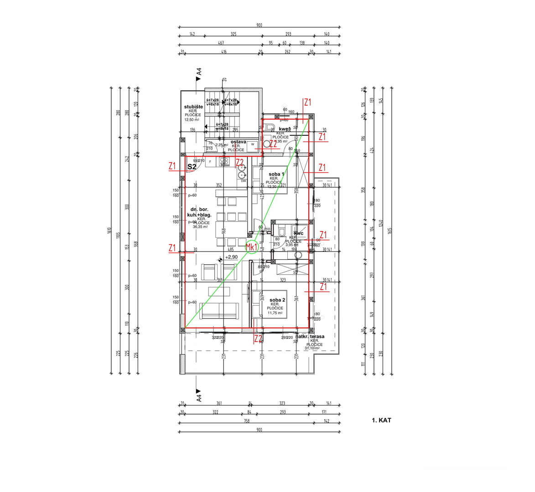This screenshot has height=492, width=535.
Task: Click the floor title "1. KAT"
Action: pos(381,420)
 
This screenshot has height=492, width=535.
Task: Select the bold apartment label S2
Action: pos(192,167)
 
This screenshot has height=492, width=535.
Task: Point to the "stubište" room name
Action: pos(193,107)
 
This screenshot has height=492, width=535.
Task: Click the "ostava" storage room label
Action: pos(238,142)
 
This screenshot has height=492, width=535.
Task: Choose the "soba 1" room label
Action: pos(276,174)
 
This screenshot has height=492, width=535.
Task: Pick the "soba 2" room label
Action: pos(277,300)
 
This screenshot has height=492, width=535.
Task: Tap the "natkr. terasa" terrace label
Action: pos(311,336)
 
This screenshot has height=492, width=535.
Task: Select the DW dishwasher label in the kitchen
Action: pos(244,181)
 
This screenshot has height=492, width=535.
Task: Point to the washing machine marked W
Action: pos(252,144)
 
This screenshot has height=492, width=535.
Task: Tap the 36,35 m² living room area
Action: pos(201,227)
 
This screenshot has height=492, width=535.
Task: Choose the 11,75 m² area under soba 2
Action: pos(275,313)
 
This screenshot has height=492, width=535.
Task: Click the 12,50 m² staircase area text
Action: pos(192,120)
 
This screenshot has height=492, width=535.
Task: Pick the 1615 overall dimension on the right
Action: pos(389,231)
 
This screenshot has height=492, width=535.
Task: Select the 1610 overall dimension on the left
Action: pos(109,231)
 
